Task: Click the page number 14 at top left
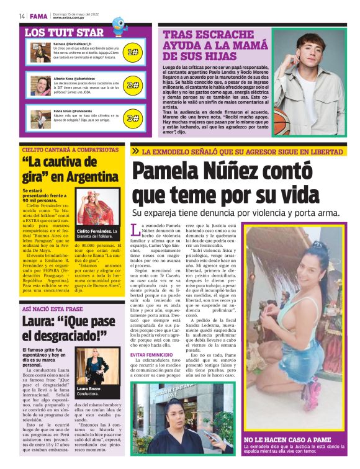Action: (22, 16)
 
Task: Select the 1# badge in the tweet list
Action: (132, 52)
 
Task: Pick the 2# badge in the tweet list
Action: (132, 85)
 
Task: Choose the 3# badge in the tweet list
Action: (132, 118)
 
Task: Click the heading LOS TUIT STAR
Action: (64, 32)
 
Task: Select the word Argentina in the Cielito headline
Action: (90, 177)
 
